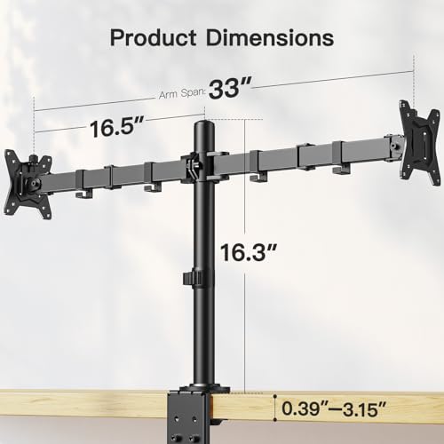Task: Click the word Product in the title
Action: (x=153, y=39)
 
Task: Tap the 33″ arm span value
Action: (x=231, y=90)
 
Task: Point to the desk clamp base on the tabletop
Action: (x=205, y=391)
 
